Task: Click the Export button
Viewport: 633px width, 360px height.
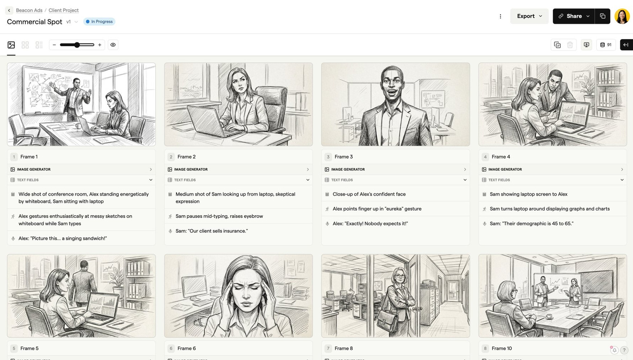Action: point(529,16)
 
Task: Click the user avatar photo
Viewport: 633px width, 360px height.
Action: point(621,16)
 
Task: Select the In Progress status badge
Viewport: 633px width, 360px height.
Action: point(99,21)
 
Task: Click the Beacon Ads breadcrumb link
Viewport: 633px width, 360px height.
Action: point(29,10)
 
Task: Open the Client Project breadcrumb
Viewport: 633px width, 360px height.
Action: point(63,10)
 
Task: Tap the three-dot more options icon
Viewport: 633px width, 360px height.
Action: point(500,16)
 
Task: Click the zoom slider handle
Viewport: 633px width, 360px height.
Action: point(77,45)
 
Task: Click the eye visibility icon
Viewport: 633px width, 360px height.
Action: point(113,45)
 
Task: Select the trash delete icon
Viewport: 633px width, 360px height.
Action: point(570,45)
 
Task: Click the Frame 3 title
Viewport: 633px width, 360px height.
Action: point(344,157)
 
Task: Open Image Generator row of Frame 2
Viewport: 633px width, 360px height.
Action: point(238,169)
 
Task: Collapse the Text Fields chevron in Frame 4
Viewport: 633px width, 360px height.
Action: point(622,180)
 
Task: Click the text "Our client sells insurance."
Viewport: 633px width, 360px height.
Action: point(211,231)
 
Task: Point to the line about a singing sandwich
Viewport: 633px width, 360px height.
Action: point(63,238)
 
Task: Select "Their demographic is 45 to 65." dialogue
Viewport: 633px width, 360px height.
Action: point(531,224)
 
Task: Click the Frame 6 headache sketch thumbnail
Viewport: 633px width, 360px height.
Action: point(238,296)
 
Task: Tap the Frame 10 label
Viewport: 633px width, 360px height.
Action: point(502,348)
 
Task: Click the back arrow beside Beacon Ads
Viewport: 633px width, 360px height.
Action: point(9,10)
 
